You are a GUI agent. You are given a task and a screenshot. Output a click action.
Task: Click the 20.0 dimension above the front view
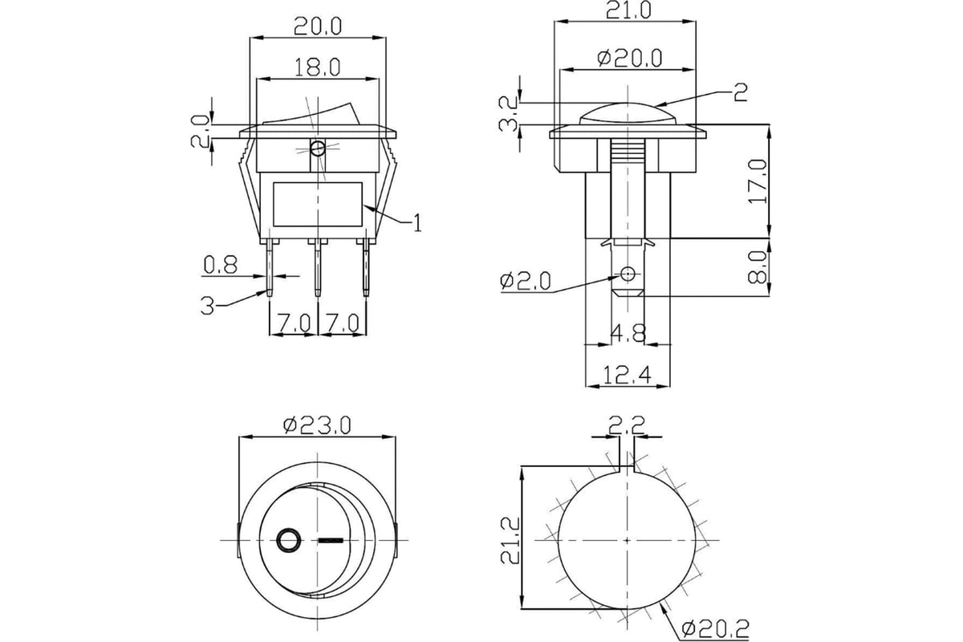pos(317,26)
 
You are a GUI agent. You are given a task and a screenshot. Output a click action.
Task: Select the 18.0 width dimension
pos(317,67)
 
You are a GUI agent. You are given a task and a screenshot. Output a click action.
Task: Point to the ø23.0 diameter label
pos(318,425)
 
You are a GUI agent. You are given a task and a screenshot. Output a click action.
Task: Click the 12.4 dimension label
pos(627,374)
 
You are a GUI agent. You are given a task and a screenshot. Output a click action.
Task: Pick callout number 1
pos(416,223)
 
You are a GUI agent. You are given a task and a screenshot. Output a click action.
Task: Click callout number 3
pos(208,306)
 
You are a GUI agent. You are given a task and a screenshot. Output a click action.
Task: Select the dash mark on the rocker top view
pos(329,541)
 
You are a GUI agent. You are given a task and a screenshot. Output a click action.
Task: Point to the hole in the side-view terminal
pos(627,274)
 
